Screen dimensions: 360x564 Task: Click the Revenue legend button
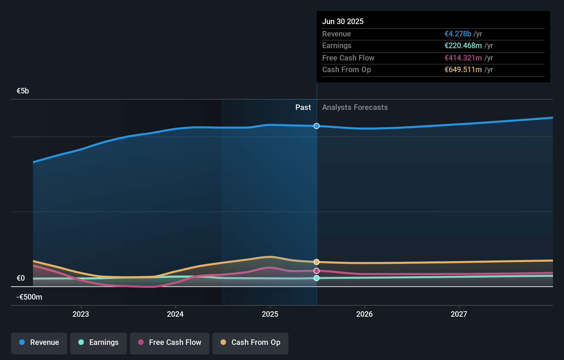point(39,343)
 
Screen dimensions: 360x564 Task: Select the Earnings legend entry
point(99,343)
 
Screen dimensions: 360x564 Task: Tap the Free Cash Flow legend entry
point(170,343)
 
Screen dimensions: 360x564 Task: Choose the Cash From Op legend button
point(250,343)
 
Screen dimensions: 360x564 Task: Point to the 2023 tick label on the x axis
point(81,314)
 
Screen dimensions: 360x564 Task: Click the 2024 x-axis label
point(175,314)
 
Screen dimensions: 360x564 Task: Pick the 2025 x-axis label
point(270,314)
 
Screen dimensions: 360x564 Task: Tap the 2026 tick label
point(364,314)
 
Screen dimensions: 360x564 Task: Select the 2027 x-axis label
point(459,314)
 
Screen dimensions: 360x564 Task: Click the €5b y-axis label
point(23,91)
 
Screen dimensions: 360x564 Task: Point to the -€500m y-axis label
point(29,297)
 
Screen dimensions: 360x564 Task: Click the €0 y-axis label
point(21,278)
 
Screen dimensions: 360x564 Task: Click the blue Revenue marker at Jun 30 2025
point(316,126)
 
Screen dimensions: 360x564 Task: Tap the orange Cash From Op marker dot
point(316,262)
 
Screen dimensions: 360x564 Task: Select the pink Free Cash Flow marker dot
point(316,271)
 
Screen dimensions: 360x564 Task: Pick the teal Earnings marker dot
point(316,278)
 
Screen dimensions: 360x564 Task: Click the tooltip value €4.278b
point(458,34)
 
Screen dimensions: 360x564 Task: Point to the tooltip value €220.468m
point(463,46)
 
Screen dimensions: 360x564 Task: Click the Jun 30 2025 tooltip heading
point(342,22)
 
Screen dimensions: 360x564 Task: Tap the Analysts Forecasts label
point(355,108)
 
